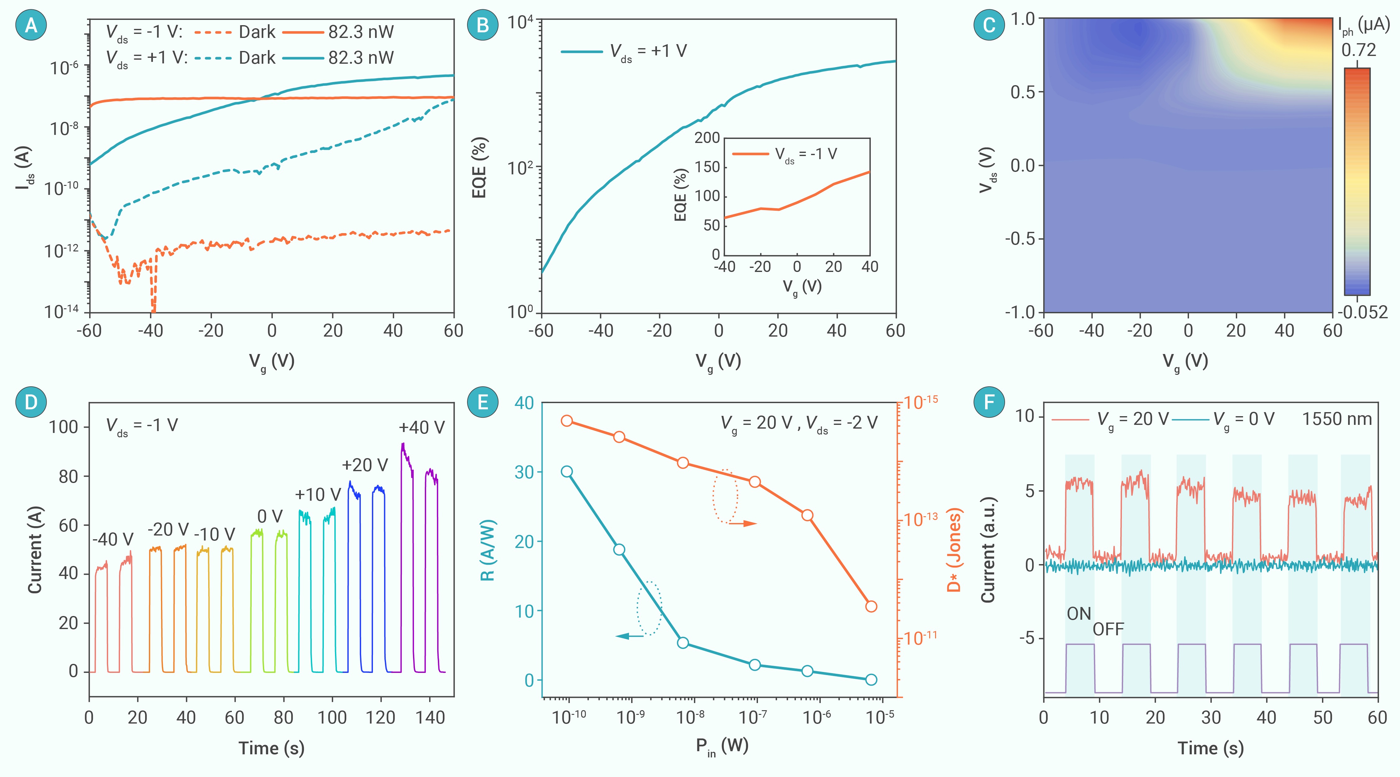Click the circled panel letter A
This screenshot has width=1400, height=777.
click(31, 25)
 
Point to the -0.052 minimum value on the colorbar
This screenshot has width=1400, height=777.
click(1362, 312)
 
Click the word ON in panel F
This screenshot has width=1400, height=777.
click(1079, 614)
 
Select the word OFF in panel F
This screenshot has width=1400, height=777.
click(1108, 629)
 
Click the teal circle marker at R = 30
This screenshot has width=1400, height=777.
click(567, 471)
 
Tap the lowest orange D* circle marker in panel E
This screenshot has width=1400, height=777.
click(871, 606)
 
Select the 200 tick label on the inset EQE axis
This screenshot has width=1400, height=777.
click(707, 138)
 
